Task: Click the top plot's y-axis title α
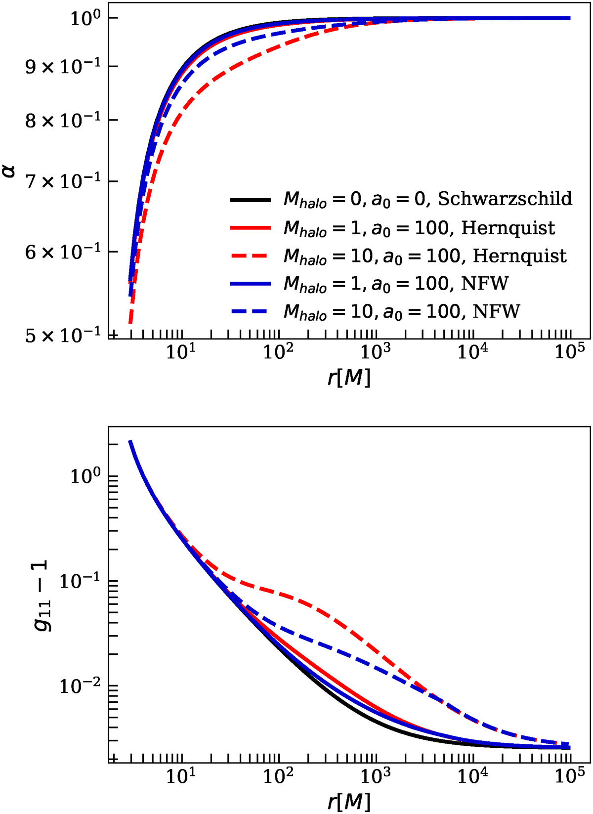coord(10,171)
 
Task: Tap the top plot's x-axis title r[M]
coord(349,378)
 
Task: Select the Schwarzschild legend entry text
coord(427,199)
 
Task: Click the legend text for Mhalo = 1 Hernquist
coord(419,228)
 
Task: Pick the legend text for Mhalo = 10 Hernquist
coord(425,256)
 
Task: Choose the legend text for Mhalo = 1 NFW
coord(396,284)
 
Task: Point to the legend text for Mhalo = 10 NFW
coord(402,311)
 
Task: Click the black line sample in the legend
coord(250,200)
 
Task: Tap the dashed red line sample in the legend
coord(250,256)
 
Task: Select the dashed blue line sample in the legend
coord(250,311)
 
